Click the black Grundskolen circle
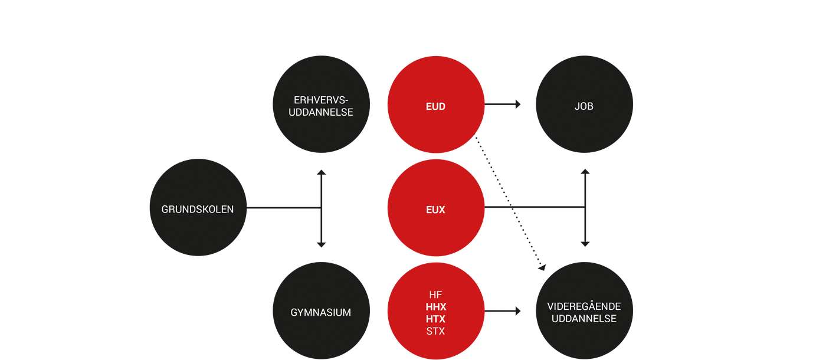pos(198,207)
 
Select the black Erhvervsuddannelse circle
pos(321,104)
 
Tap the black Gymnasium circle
pos(321,310)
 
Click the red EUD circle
pos(436,104)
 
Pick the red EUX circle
pos(436,208)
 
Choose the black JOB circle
pos(585,104)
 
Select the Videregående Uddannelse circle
pos(585,310)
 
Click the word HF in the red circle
pos(435,294)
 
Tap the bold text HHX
pos(436,307)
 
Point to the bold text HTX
pos(436,319)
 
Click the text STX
pos(435,331)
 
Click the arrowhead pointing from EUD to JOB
pos(518,104)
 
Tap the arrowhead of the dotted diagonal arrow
pos(542,267)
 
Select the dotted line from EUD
pos(509,202)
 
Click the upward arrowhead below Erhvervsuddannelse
pos(321,172)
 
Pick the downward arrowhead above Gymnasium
pos(321,245)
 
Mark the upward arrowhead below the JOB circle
pos(585,172)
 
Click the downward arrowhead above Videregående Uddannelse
pos(585,244)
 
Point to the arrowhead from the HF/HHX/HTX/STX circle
pos(518,311)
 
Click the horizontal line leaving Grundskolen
pos(284,208)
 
